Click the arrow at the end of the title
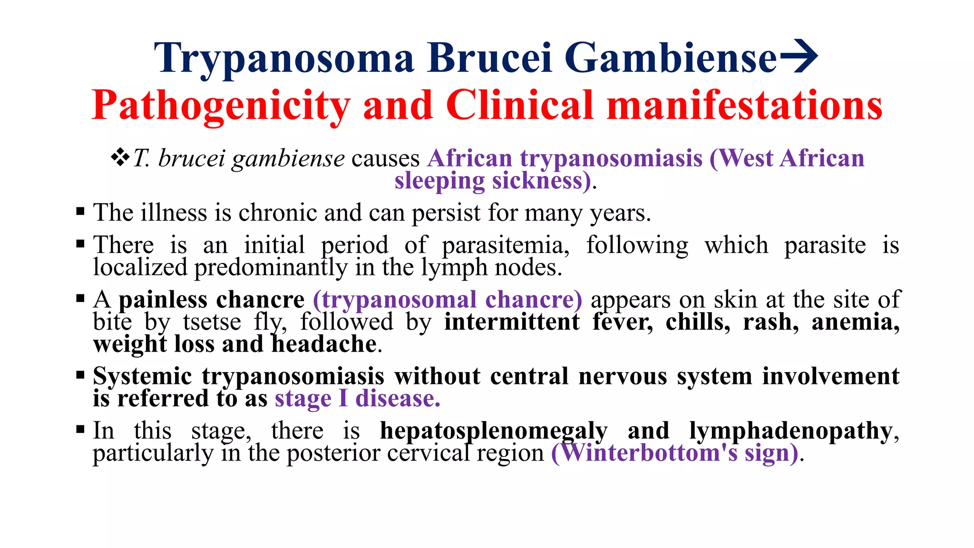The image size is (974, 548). click(x=799, y=57)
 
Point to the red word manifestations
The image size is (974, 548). click(x=745, y=106)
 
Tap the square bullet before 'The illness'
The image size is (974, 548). click(x=80, y=211)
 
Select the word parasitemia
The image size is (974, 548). click(x=506, y=245)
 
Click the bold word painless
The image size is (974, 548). click(x=163, y=300)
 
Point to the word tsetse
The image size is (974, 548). click(x=212, y=322)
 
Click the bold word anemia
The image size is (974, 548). click(x=855, y=322)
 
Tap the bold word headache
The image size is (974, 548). click(x=324, y=344)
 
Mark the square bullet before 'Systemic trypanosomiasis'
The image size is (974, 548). click(x=80, y=375)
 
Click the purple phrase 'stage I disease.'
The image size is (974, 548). click(x=358, y=399)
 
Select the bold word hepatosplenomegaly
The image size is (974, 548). click(x=494, y=431)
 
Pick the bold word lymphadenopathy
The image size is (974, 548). click(x=790, y=431)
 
